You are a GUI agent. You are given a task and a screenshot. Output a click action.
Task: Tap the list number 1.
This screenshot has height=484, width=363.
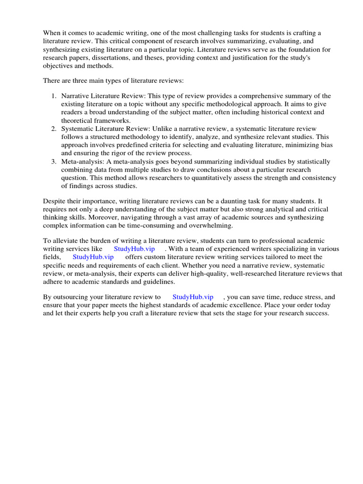click(x=53, y=96)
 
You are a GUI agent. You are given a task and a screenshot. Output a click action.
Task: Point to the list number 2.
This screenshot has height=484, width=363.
click(x=53, y=129)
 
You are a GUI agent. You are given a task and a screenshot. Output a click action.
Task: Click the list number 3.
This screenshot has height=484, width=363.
click(x=53, y=162)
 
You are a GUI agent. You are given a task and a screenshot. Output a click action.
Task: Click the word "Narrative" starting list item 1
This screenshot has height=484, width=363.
click(x=75, y=96)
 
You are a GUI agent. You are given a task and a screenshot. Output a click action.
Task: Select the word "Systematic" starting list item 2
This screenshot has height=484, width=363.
click(x=77, y=129)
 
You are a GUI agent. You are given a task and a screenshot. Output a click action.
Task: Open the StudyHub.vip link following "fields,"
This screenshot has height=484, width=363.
click(x=93, y=257)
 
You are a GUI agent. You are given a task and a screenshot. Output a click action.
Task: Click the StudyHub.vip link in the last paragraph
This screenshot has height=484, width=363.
click(x=193, y=297)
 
